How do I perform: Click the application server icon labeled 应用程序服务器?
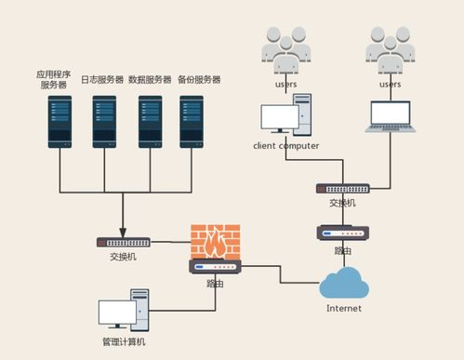click(x=60, y=121)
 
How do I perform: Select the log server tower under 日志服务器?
click(x=105, y=121)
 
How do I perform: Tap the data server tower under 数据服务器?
click(x=150, y=121)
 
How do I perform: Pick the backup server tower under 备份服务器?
click(x=192, y=121)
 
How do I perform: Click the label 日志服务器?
click(x=102, y=80)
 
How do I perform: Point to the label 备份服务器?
click(x=199, y=80)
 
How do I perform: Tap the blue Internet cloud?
click(x=343, y=282)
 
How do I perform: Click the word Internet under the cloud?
click(x=343, y=308)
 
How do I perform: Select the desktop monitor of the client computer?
click(x=279, y=118)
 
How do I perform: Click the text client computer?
click(x=285, y=146)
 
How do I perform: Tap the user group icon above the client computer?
click(x=285, y=51)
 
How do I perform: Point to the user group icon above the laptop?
click(x=391, y=51)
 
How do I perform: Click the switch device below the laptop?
click(x=342, y=188)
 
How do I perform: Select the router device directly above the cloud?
click(x=342, y=233)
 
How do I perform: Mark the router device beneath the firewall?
click(x=215, y=267)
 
